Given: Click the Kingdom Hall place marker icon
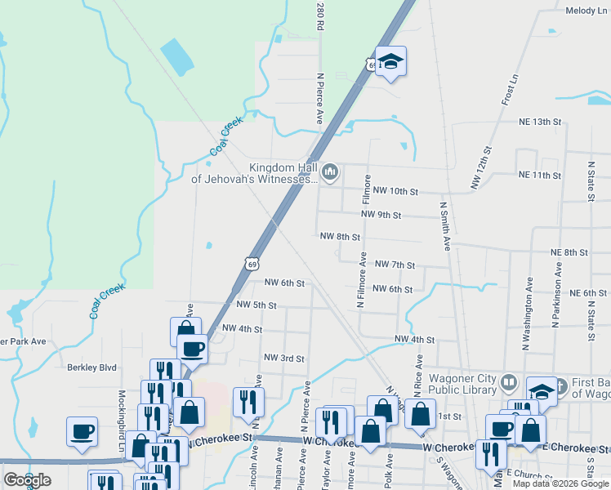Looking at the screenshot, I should (330, 171).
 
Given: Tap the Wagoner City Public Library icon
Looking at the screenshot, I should (507, 382).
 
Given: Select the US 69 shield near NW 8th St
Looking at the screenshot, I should (252, 263).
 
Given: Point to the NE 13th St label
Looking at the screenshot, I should (541, 122).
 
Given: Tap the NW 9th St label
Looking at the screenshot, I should (381, 216).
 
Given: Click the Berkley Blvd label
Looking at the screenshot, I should (92, 367).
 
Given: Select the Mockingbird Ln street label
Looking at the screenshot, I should (120, 413).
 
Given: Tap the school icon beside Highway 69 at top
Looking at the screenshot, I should (391, 61).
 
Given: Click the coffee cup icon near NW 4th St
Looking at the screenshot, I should (193, 348).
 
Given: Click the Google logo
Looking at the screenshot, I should (27, 480).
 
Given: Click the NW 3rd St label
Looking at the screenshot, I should (284, 359).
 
